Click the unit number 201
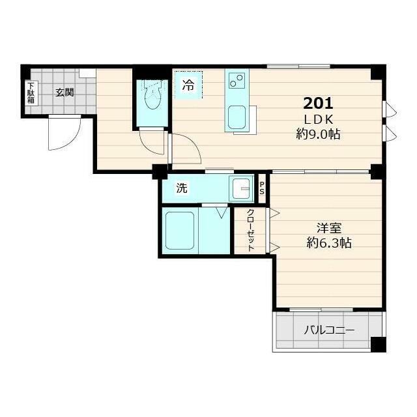318,103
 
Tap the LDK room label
318,119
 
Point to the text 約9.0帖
318,135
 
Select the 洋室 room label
329,229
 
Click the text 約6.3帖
329,244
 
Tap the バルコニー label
329,330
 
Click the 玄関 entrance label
64,93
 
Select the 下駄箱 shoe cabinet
31,94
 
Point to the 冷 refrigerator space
188,85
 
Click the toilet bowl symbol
152,98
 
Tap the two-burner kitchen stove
236,81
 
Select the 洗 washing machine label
182,189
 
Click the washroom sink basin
242,189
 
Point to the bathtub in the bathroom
179,230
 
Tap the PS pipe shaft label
263,188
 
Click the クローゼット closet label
250,231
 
